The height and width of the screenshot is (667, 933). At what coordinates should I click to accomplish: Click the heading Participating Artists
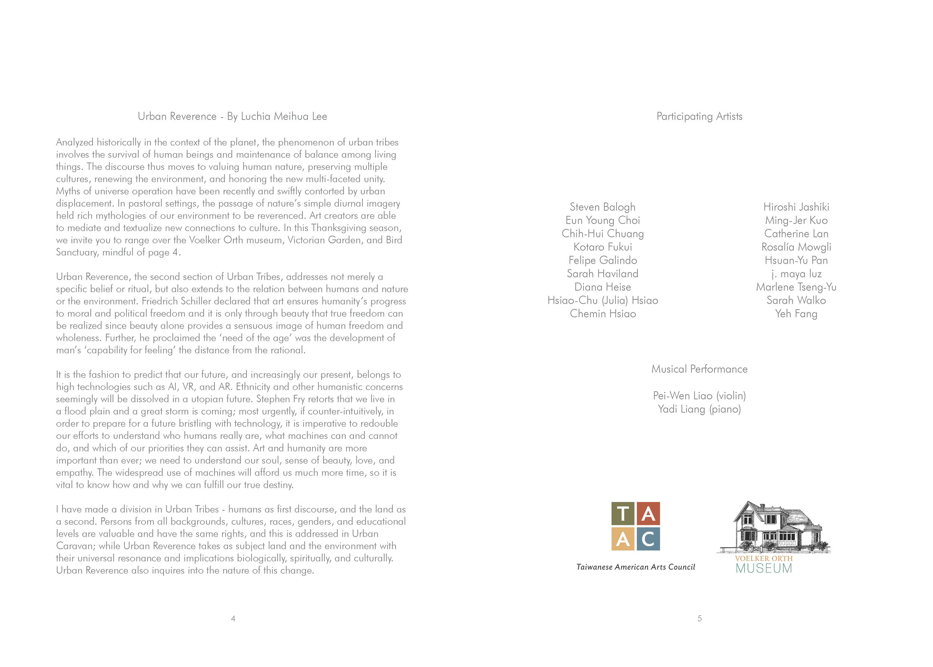pos(699,117)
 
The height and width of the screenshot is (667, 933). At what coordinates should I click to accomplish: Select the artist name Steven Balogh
pos(602,207)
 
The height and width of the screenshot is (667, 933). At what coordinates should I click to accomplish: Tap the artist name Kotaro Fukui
pos(602,247)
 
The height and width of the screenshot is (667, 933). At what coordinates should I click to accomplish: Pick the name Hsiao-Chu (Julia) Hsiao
pos(602,301)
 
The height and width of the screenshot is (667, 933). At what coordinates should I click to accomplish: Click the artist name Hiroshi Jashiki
pos(796,207)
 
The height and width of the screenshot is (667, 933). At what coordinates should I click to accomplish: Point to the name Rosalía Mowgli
pos(796,247)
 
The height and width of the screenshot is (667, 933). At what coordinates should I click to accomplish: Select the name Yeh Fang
pos(796,314)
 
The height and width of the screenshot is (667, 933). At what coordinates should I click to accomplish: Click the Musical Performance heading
pos(699,369)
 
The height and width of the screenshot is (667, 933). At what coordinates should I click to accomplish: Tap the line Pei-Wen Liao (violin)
pos(699,396)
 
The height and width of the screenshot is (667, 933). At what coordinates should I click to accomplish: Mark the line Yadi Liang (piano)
pos(699,409)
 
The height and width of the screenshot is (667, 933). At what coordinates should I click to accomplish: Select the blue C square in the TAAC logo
pos(648,539)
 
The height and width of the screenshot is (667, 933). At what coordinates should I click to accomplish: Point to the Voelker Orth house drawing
pos(774,528)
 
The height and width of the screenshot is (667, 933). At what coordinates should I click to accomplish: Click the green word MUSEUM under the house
pos(764,569)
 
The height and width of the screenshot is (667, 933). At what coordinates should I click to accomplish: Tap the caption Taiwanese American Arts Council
pos(636,567)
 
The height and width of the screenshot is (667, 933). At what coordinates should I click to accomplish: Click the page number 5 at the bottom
pos(699,618)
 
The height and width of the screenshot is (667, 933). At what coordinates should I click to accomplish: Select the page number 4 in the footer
pos(233,618)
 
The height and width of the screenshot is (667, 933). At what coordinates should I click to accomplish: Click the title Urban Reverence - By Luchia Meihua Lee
pos(233,117)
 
